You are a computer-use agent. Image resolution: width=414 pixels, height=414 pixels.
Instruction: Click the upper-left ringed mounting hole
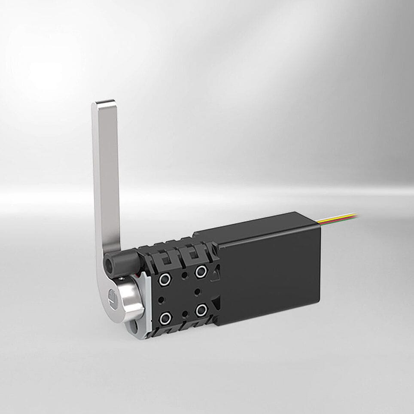tap(164, 280)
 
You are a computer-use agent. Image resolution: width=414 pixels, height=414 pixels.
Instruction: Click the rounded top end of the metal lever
tap(104, 104)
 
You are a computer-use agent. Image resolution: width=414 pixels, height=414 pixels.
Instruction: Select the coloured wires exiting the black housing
tap(339, 218)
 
